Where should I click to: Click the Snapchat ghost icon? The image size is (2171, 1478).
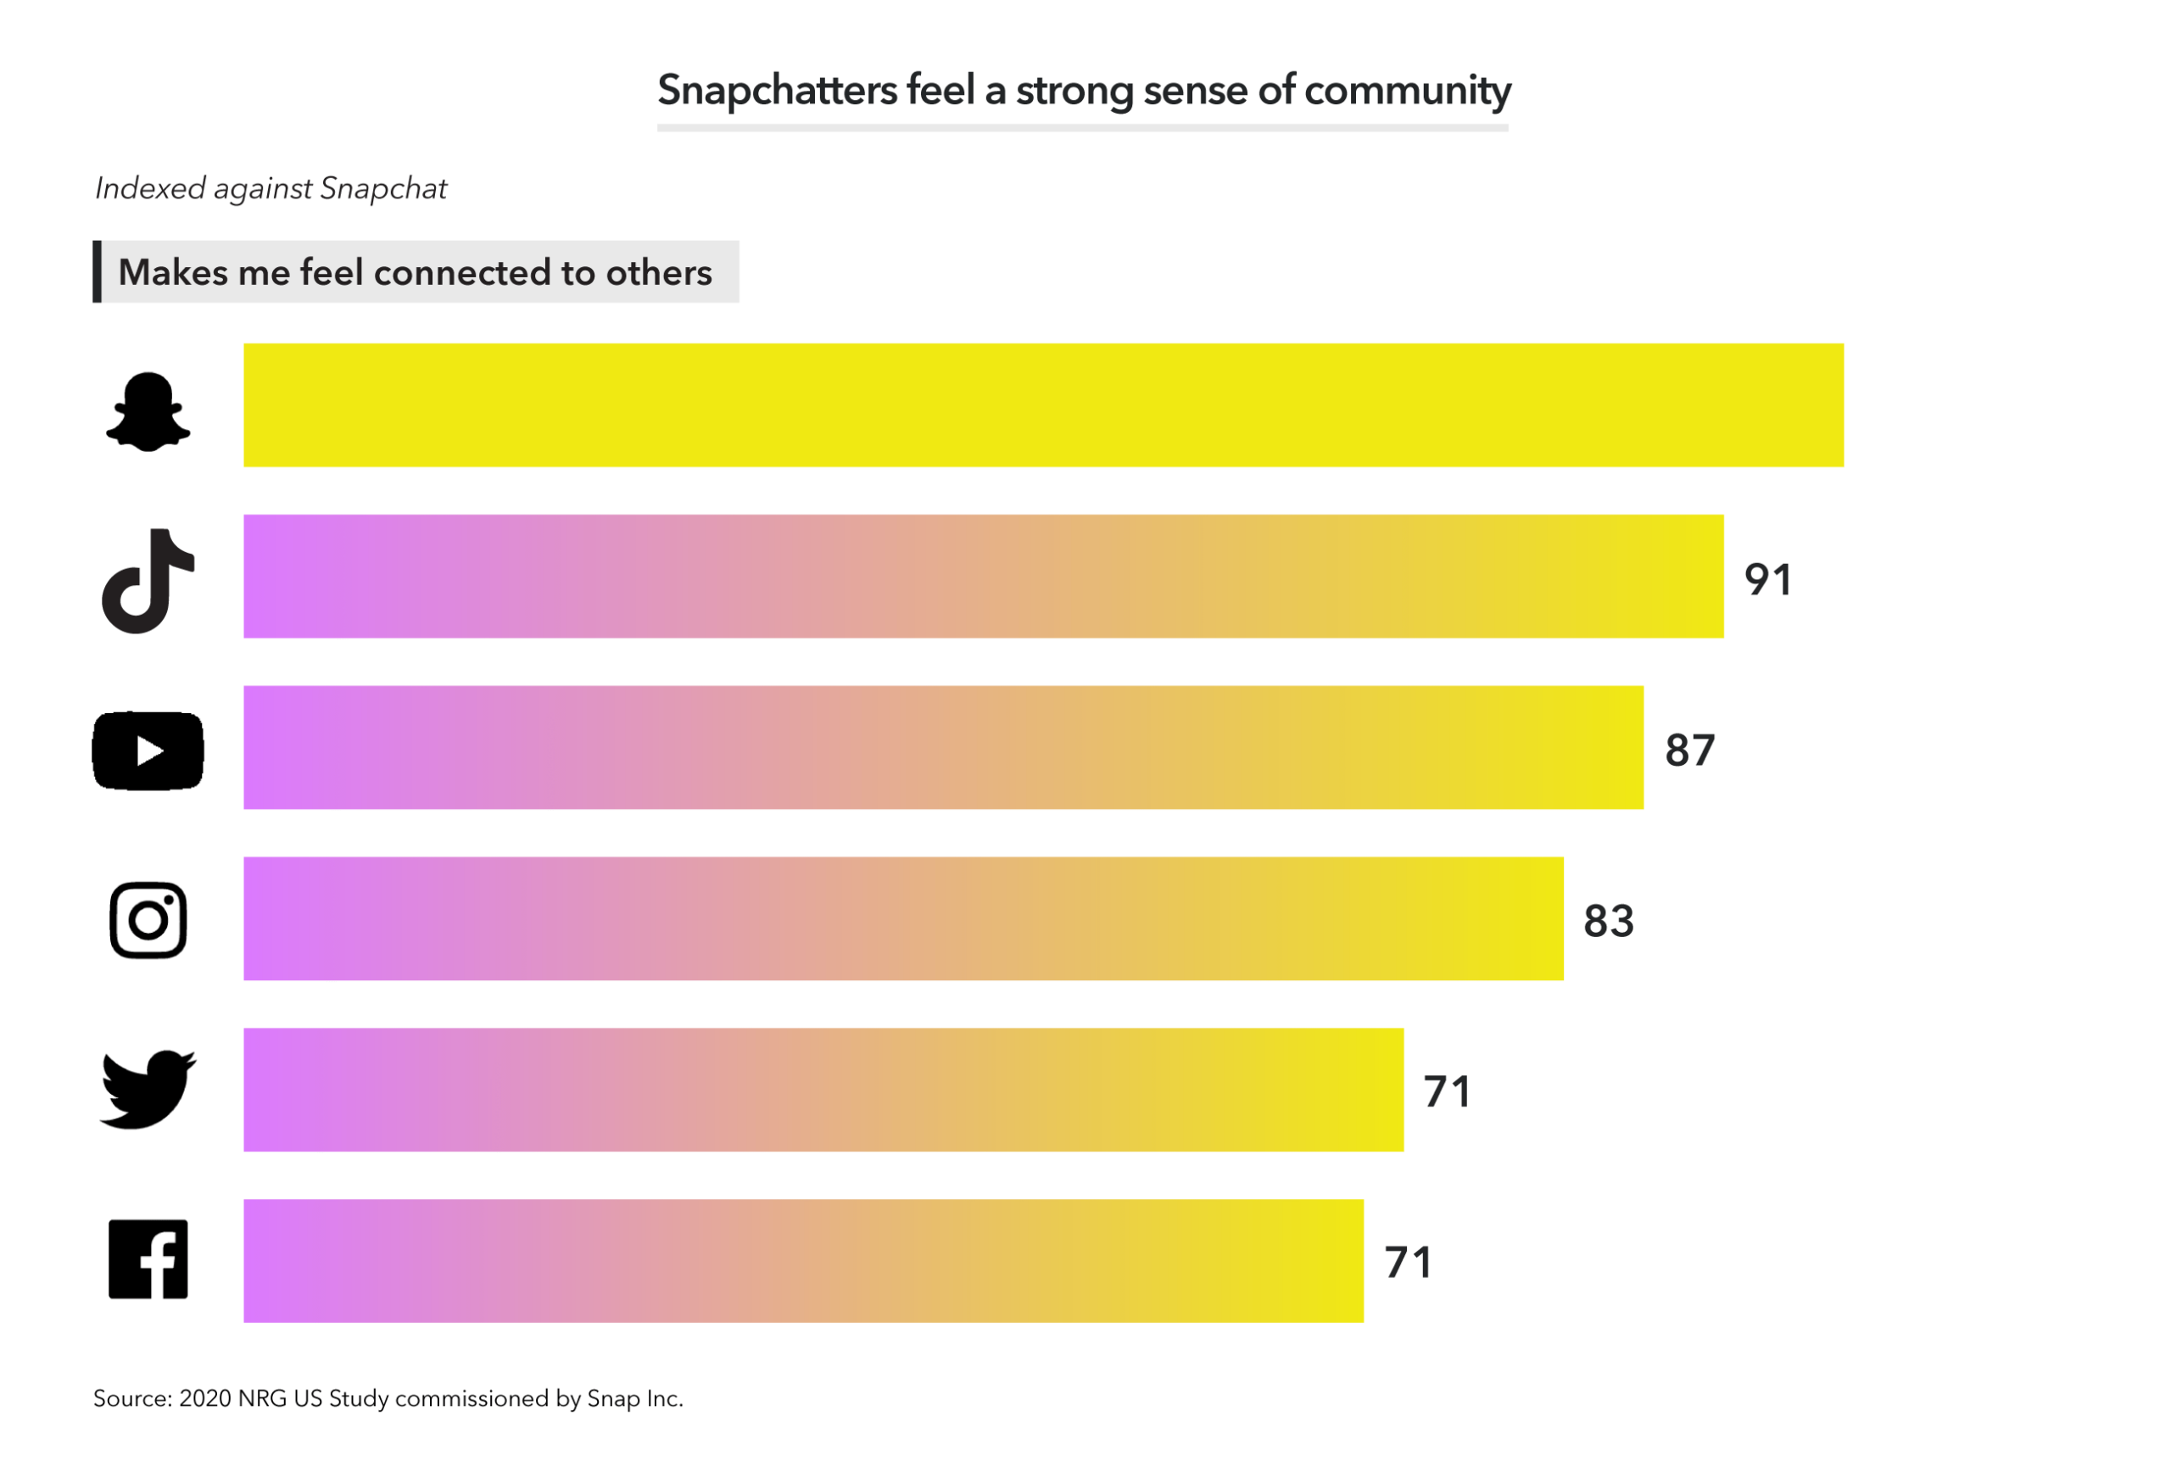(148, 412)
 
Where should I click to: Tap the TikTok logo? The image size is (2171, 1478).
(148, 581)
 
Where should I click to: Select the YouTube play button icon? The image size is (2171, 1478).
(148, 751)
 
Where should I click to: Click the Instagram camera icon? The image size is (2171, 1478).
(148, 920)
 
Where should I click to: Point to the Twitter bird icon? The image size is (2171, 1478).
(148, 1090)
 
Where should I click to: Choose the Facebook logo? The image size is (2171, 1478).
(148, 1259)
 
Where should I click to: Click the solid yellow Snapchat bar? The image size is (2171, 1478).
(1042, 405)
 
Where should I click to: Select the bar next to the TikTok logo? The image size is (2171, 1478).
(983, 577)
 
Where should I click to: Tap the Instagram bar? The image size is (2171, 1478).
(902, 918)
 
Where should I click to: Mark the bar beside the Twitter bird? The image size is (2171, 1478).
(823, 1090)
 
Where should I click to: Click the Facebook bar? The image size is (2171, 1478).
(802, 1260)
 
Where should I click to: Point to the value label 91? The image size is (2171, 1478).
(1767, 579)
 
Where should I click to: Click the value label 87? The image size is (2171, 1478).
(1689, 750)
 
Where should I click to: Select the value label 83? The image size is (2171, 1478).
(1608, 921)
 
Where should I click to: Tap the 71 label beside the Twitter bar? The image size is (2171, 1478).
(1447, 1092)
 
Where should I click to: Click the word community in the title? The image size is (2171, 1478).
(1407, 91)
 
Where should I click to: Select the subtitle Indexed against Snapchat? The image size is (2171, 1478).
(271, 189)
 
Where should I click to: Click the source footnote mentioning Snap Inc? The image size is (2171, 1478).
(388, 1398)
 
